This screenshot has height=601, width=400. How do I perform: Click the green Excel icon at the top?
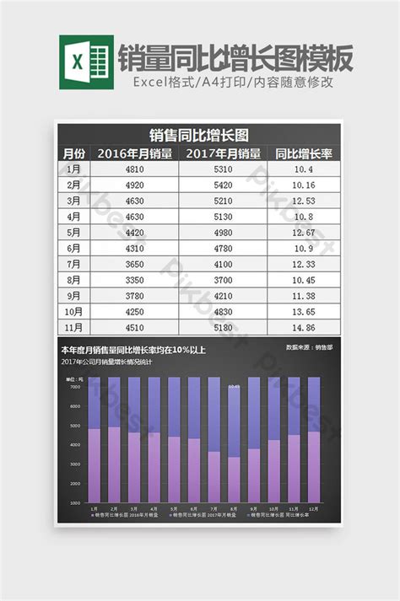pyautogui.click(x=86, y=62)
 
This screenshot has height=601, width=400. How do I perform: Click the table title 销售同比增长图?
pyautogui.click(x=199, y=135)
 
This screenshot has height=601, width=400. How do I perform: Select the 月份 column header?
pyautogui.click(x=74, y=153)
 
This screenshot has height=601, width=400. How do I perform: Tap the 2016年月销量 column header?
pyautogui.click(x=135, y=153)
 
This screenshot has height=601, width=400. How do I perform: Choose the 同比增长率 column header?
pyautogui.click(x=304, y=153)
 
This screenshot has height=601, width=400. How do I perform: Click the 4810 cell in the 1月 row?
pyautogui.click(x=135, y=169)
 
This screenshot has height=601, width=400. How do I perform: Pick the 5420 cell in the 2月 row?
pyautogui.click(x=223, y=185)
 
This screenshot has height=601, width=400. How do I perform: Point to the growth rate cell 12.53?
pyautogui.click(x=304, y=201)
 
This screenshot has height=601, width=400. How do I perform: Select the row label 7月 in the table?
pyautogui.click(x=74, y=264)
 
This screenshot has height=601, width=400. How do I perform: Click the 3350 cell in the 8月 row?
pyautogui.click(x=135, y=280)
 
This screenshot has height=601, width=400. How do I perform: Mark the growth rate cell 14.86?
pyautogui.click(x=304, y=327)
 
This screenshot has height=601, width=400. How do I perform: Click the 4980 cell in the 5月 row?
pyautogui.click(x=223, y=233)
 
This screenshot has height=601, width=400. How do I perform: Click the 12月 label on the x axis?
pyautogui.click(x=314, y=510)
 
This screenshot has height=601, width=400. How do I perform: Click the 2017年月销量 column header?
pyautogui.click(x=223, y=153)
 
